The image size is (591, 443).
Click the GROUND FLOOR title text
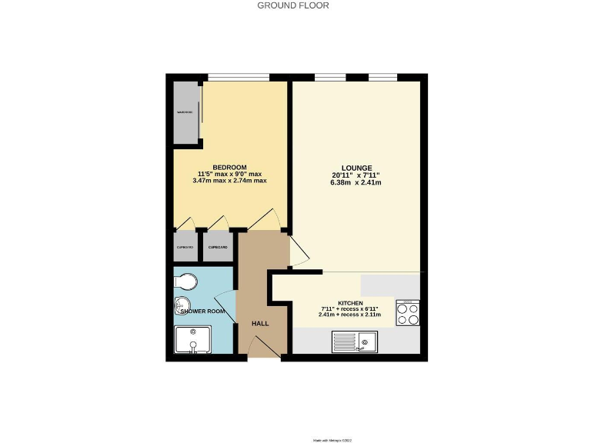point(293,5)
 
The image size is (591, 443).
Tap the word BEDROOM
point(229,168)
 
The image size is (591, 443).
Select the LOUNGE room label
point(357,168)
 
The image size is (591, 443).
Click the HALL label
point(260,323)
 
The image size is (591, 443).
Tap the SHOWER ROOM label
point(202,311)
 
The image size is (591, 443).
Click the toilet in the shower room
point(186,281)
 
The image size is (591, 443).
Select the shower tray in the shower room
point(192,341)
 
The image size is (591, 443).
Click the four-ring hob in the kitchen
point(407,314)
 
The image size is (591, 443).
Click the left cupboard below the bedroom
point(185,247)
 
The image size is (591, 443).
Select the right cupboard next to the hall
point(218,247)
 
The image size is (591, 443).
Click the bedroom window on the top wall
point(238,77)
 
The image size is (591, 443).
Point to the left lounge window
point(329,77)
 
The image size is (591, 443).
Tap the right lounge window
point(382,77)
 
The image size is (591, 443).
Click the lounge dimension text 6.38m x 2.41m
point(357,182)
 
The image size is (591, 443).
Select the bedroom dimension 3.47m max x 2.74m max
point(229,181)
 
